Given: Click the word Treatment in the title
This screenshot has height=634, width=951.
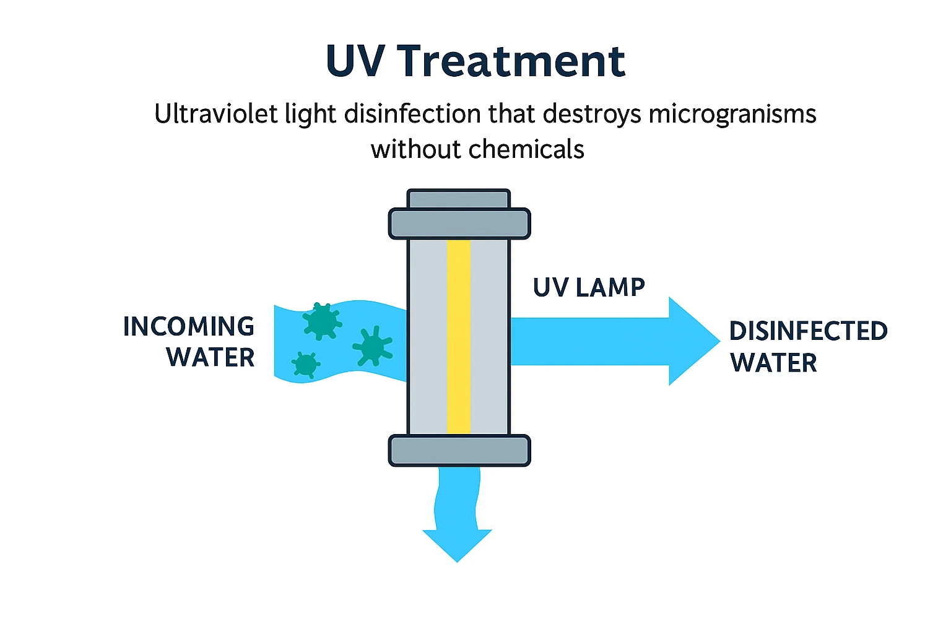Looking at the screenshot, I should click(511, 62).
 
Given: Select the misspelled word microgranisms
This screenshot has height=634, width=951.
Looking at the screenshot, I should click(732, 115).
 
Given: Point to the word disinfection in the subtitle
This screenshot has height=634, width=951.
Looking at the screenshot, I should click(412, 115).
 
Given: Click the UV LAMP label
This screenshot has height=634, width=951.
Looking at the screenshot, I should click(589, 287).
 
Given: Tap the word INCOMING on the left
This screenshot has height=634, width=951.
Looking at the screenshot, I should click(189, 327).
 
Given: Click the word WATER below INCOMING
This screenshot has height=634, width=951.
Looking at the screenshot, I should click(211, 358).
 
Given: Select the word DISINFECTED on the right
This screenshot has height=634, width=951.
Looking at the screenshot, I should click(808, 331).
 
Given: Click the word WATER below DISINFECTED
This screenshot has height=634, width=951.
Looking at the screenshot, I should click(773, 363).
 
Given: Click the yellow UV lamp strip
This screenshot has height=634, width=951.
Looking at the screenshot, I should click(459, 337).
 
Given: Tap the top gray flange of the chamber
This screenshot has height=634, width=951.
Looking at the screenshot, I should click(459, 224).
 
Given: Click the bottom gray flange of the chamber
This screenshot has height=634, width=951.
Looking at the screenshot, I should click(459, 451).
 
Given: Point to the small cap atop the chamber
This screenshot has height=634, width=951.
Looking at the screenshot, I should click(459, 199).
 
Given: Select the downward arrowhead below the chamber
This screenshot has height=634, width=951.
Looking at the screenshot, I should click(457, 543).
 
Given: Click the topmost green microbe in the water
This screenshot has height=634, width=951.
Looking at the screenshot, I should click(321, 321).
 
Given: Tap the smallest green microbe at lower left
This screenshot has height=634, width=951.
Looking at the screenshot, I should click(305, 365).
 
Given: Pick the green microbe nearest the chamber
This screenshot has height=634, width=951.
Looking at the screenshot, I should click(373, 347).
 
